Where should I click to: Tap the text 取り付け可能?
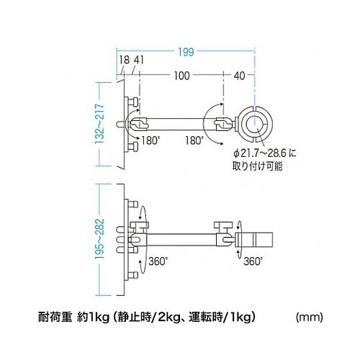coord(256,165)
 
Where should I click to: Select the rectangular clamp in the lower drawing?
coord(255,235)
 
